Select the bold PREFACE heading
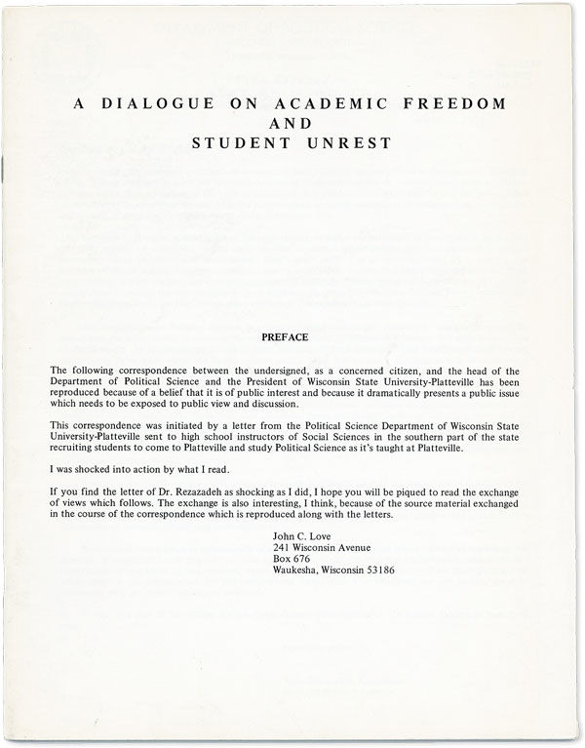pos(285,336)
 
